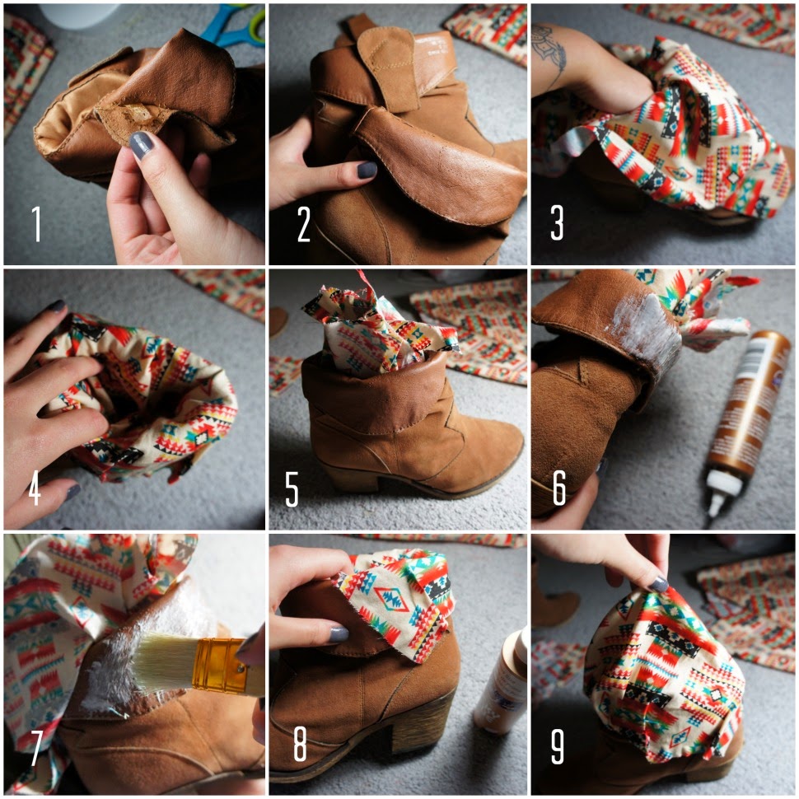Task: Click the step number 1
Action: [36, 223]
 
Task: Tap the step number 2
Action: [304, 224]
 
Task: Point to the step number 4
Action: [34, 488]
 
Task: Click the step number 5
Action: [292, 488]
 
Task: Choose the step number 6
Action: [559, 488]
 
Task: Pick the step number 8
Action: [300, 744]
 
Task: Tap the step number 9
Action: [558, 746]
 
